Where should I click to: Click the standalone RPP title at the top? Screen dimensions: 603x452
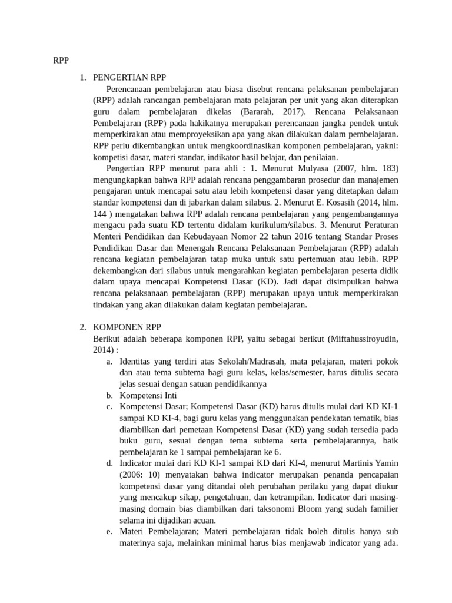pos(61,60)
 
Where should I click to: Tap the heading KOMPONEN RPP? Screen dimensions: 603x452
pos(127,327)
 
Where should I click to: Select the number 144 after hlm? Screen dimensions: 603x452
pos(101,214)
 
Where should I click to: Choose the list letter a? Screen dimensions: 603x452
pos(109,362)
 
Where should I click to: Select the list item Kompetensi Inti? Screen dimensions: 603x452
pos(148,395)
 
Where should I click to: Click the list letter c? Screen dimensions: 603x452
pos(109,407)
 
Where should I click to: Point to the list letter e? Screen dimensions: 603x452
pos(109,532)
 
